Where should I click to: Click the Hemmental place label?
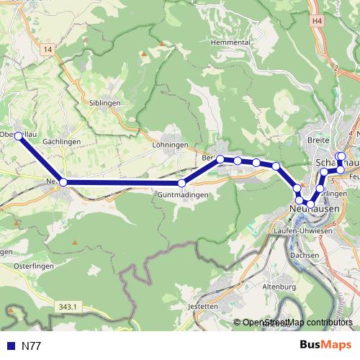pyautogui.click(x=230, y=42)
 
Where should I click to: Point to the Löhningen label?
pyautogui.click(x=170, y=145)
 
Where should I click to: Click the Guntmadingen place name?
pyautogui.click(x=184, y=195)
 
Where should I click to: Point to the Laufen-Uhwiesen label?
pyautogui.click(x=302, y=230)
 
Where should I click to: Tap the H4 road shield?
pyautogui.click(x=318, y=22)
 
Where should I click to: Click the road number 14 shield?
pyautogui.click(x=48, y=49)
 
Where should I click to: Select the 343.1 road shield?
pyautogui.click(x=66, y=307)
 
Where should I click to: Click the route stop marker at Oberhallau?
pyautogui.click(x=19, y=135)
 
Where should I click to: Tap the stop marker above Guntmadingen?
pyautogui.click(x=181, y=183)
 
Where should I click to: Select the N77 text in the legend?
pyautogui.click(x=31, y=346)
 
